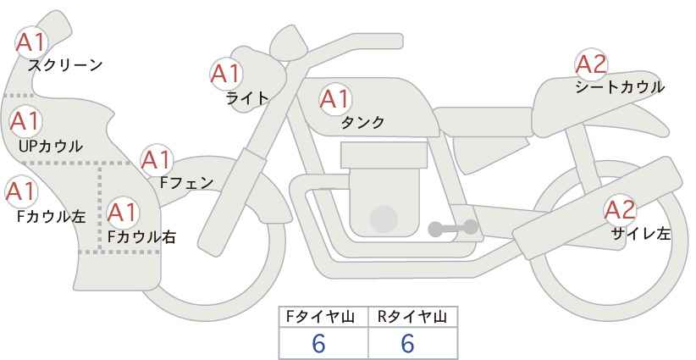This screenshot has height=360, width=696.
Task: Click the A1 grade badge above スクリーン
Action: pos(31,42)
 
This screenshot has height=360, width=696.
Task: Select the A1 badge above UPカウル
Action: pos(25,121)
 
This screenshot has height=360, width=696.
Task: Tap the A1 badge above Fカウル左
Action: pos(21,191)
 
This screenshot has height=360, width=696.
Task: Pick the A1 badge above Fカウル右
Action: pos(123,213)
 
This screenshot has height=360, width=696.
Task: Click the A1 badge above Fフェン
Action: pos(157,160)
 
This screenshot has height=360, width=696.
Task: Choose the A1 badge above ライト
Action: pos(226,74)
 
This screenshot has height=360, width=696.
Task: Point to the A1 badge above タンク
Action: pos(335,99)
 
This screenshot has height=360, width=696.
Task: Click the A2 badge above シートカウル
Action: pos(591,64)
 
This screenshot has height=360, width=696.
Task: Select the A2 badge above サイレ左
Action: pos(621,210)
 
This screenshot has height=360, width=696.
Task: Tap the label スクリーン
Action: pos(65,65)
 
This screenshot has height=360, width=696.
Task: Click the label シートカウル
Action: pos(620,87)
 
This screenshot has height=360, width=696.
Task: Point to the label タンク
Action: pos(362,122)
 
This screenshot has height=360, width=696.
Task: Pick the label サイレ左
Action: pos(641,234)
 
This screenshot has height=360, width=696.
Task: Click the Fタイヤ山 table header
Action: pos(320,317)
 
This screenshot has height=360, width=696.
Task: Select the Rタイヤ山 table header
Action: pos(412,317)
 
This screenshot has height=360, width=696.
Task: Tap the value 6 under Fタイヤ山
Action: pos(318,343)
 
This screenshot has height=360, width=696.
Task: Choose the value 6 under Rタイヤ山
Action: pos(407,343)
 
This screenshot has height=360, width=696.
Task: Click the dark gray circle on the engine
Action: pos(384,219)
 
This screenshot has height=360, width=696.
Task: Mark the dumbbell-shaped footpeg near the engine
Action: pos(453,228)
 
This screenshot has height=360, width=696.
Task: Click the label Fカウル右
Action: pos(142,237)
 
